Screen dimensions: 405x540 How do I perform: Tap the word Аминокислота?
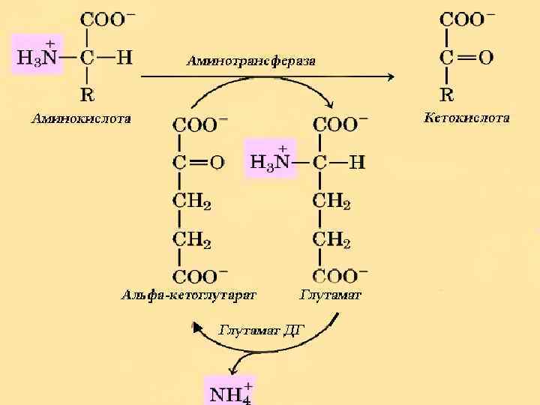click(80, 118)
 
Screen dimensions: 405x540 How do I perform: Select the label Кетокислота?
click(466, 118)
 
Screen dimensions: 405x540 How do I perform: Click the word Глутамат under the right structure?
click(331, 295)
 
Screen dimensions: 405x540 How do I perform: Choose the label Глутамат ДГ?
click(262, 328)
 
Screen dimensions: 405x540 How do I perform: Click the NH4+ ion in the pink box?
click(229, 391)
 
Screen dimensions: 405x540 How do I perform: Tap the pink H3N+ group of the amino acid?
click(37, 53)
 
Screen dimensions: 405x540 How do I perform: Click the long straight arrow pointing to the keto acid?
click(266, 76)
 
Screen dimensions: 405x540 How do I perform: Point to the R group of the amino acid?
click(88, 94)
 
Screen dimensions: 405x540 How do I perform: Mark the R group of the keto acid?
click(446, 94)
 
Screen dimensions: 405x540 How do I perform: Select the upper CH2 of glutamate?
click(331, 201)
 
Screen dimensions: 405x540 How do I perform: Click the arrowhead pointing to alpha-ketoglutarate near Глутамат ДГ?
click(197, 327)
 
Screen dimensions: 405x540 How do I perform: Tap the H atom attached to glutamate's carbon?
click(357, 161)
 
